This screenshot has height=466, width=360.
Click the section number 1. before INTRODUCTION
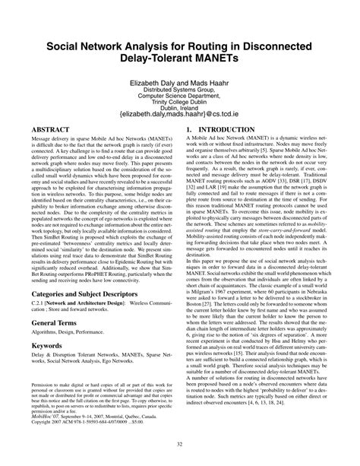(x=189, y=131)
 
